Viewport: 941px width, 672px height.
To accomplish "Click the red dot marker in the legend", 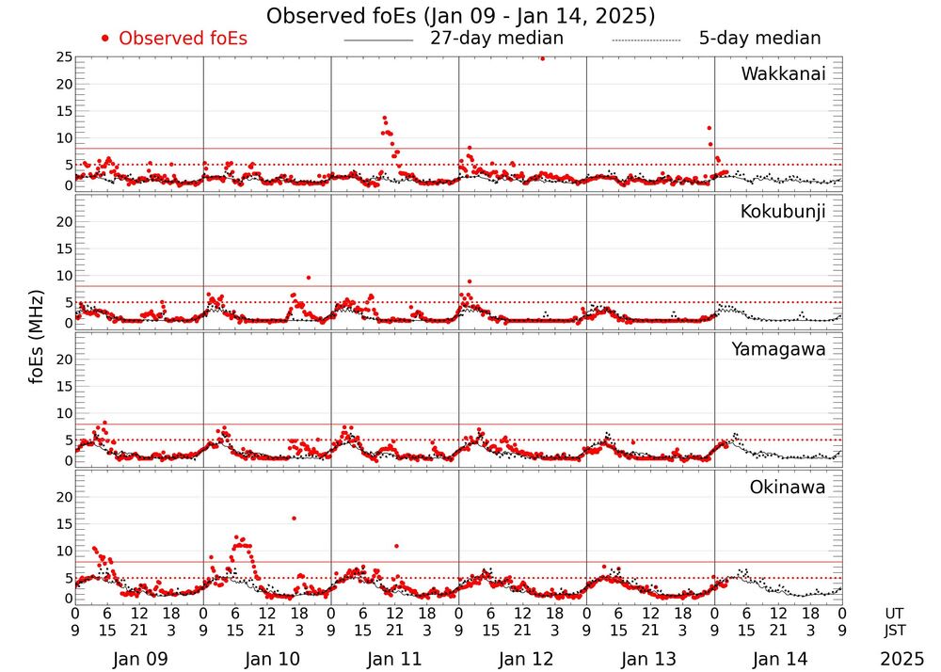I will coord(105,39).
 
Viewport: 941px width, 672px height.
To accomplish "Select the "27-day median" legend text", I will coord(497,39).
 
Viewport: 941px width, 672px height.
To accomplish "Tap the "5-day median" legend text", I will coord(759,39).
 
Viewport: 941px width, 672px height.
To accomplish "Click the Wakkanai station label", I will coord(783,74).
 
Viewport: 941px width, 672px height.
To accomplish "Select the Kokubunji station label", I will coord(783,212).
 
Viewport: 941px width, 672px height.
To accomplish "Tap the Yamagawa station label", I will coord(779,350).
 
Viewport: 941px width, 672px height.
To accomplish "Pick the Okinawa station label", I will coord(787,488).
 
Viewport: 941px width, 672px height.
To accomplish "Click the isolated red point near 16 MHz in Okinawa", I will coord(294,518).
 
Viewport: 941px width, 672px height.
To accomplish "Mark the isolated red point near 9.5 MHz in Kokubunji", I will coord(309,278).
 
